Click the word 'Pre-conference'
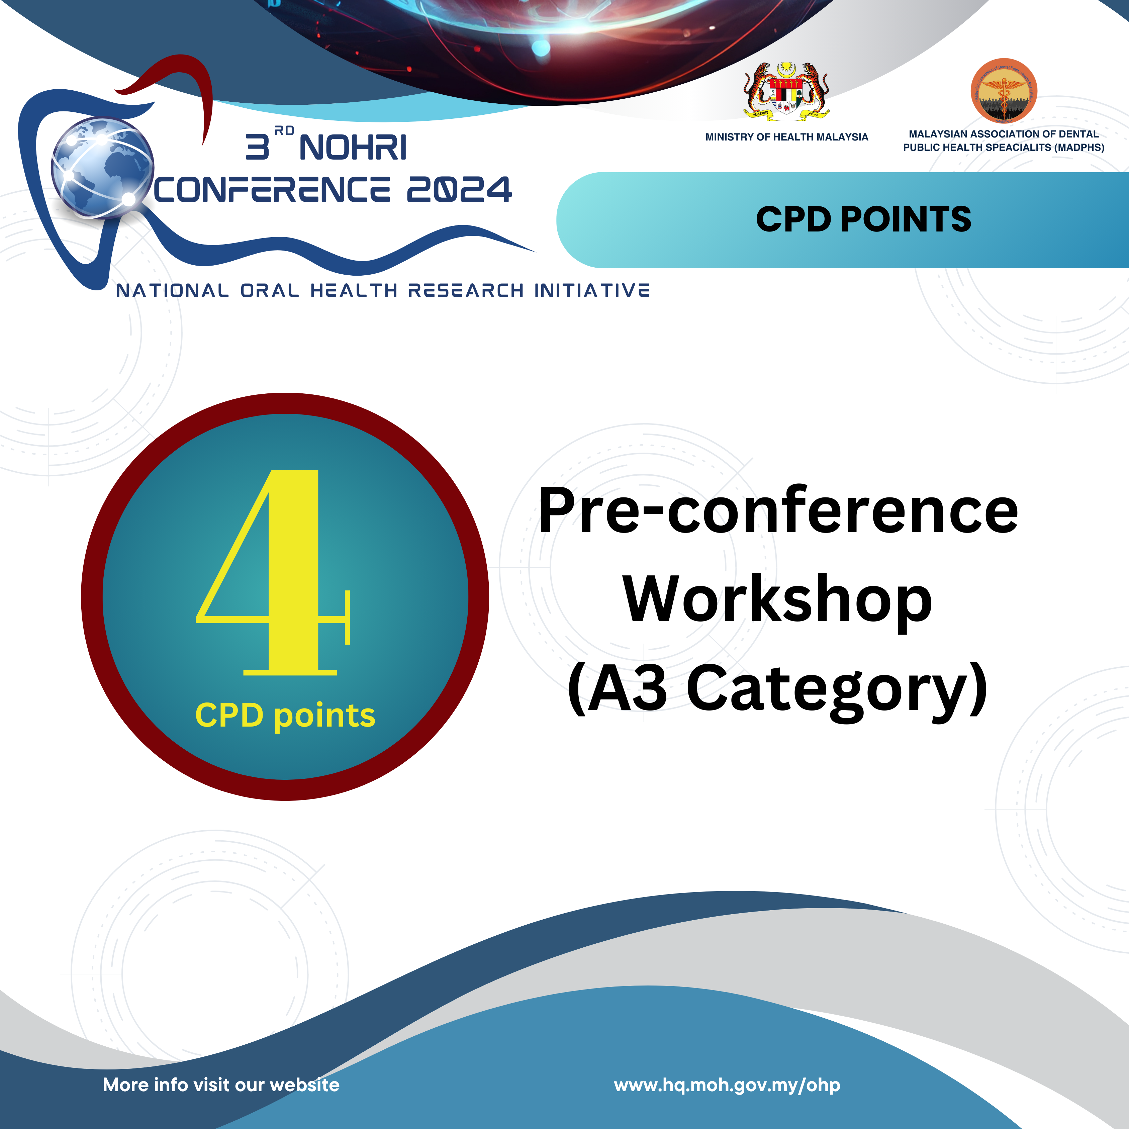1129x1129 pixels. click(778, 511)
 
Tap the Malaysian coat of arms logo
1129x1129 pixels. click(786, 91)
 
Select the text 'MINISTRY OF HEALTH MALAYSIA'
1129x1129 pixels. click(786, 137)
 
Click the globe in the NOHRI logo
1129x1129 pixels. click(102, 168)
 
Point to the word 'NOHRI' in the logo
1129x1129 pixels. click(353, 147)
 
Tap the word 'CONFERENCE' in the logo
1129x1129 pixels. click(272, 190)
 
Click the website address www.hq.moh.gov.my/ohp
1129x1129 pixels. click(727, 1085)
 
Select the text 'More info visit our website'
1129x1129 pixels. click(221, 1085)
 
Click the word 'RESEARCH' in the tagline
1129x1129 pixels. click(465, 290)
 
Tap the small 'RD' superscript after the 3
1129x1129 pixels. click(285, 130)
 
